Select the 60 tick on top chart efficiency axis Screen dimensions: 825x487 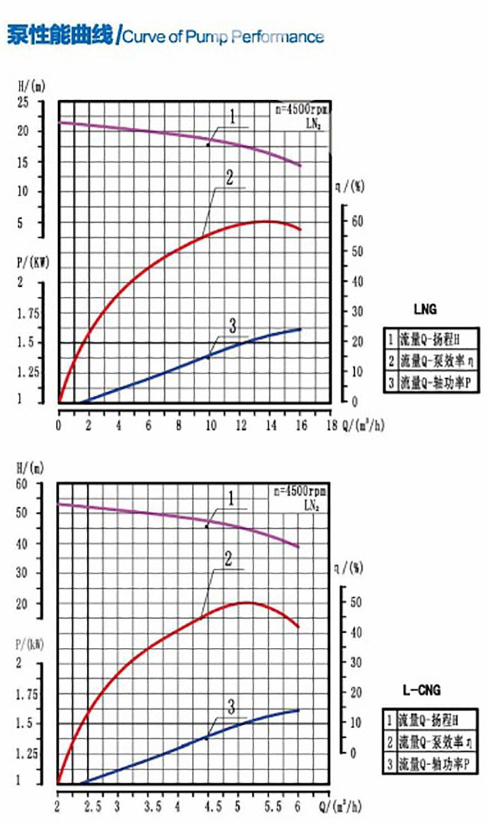coord(357,221)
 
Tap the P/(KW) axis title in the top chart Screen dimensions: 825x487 coord(33,263)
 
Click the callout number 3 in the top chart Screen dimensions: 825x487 coord(232,326)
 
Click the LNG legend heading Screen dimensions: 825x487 coord(425,309)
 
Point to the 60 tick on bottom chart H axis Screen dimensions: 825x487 coord(23,484)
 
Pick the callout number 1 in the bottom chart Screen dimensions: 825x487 coord(231,499)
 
